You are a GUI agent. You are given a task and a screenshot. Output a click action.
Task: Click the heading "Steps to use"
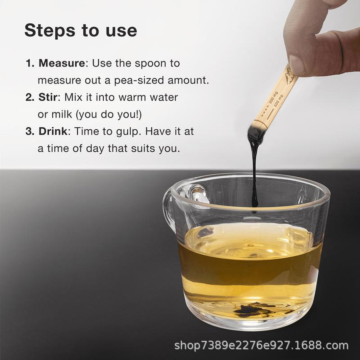click(x=81, y=30)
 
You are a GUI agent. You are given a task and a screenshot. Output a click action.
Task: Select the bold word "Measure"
click(x=62, y=63)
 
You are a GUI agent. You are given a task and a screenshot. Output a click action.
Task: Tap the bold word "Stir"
click(x=48, y=97)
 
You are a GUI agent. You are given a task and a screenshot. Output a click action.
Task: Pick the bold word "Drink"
click(x=53, y=131)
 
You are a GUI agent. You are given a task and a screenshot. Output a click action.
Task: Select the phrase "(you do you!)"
click(x=109, y=114)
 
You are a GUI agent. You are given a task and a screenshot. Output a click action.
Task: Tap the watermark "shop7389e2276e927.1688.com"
click(x=261, y=345)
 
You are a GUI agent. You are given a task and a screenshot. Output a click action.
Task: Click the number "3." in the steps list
click(x=30, y=131)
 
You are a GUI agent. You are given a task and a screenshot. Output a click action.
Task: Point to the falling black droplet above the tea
click(x=254, y=211)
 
